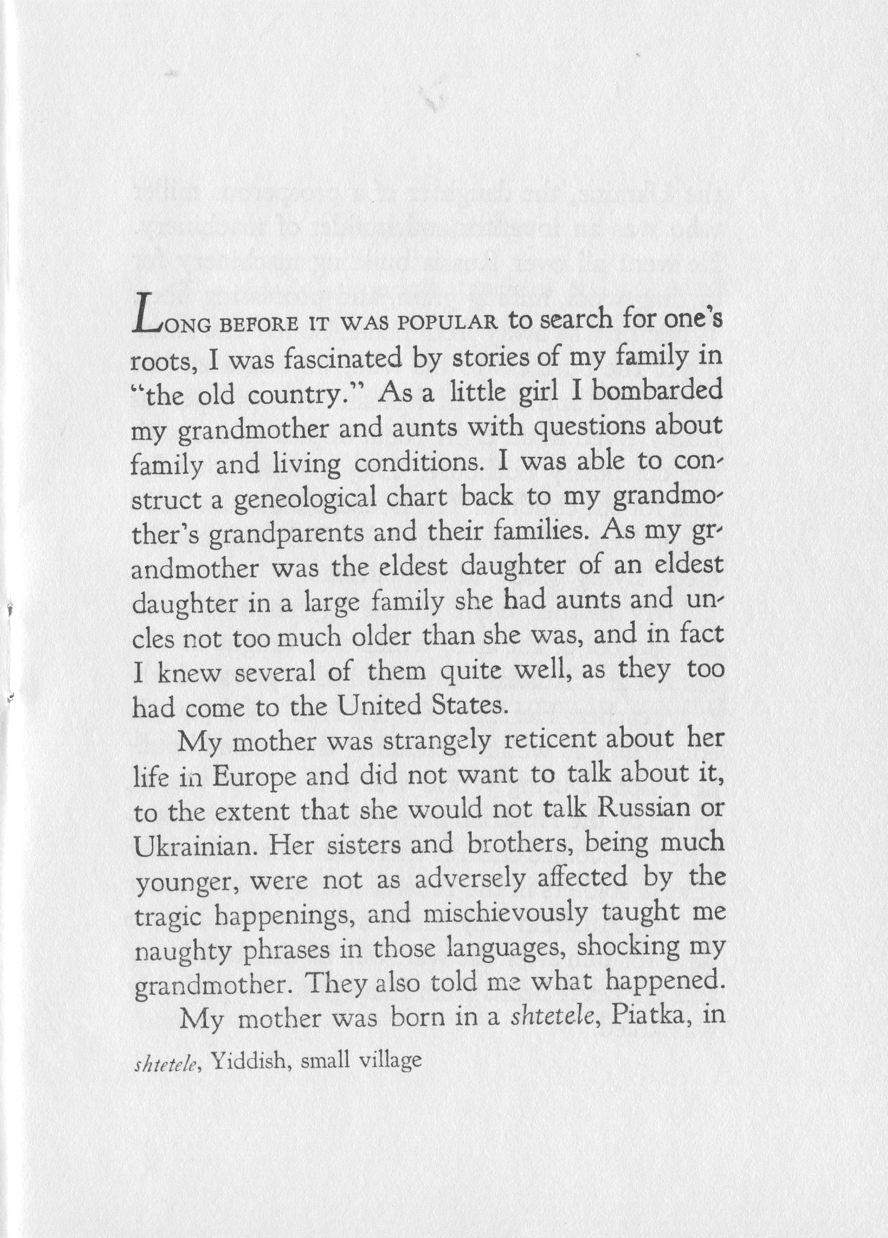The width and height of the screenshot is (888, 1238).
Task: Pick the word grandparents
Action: coord(286,533)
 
